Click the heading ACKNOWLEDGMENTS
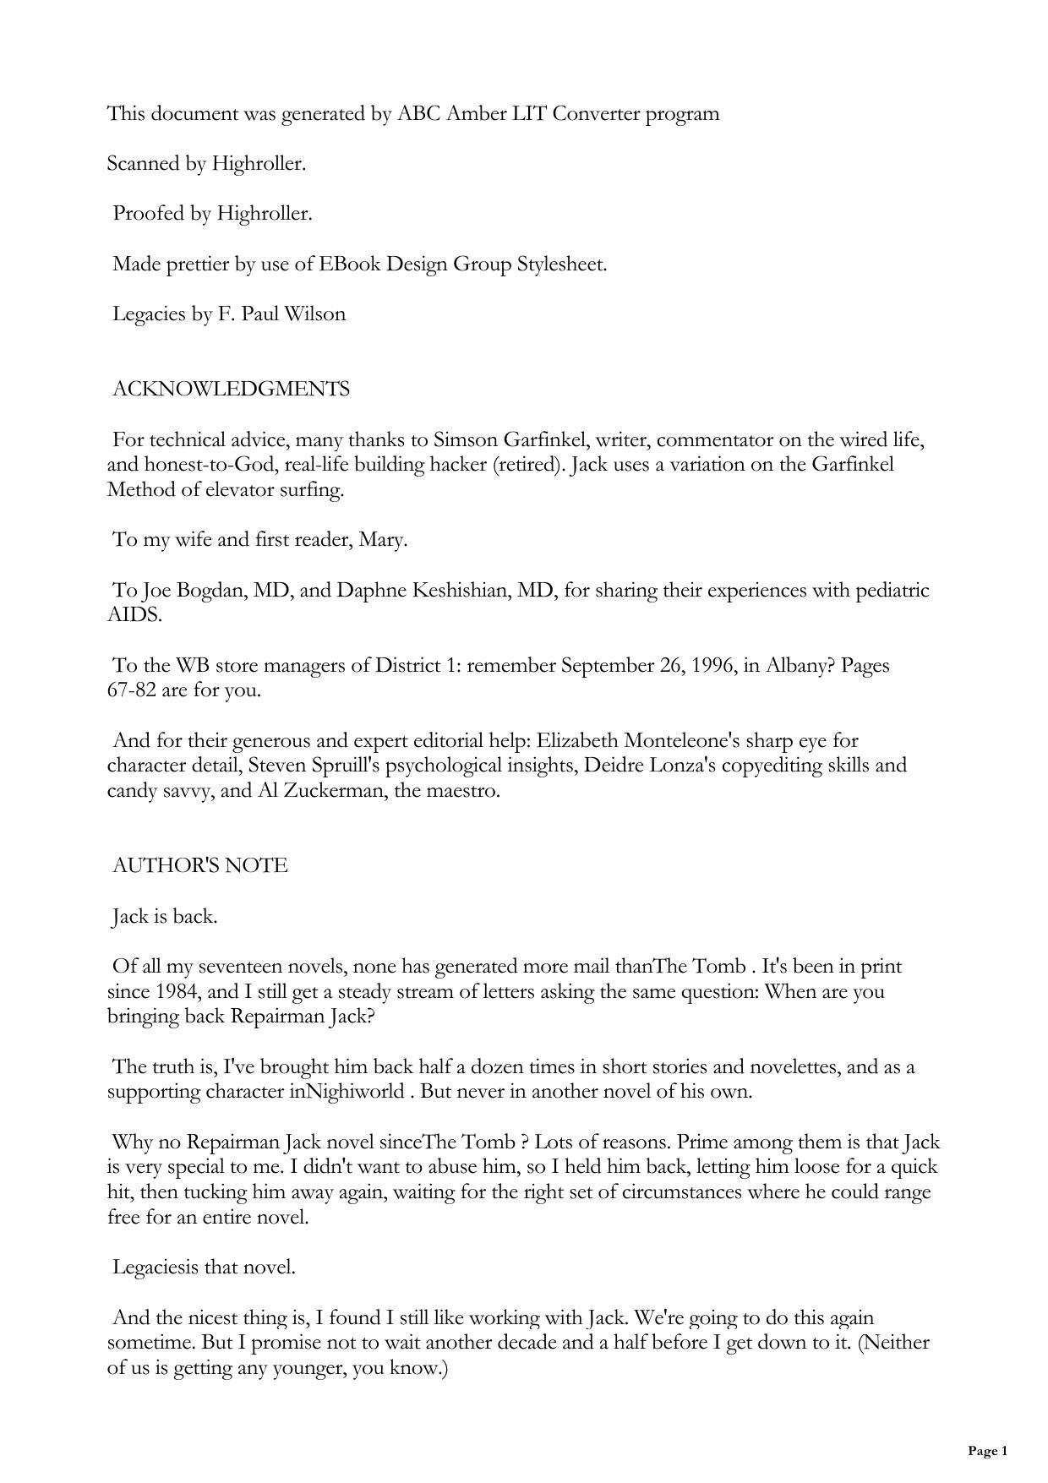point(231,390)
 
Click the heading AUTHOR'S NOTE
point(200,866)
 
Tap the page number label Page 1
point(987,1451)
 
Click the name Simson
point(465,440)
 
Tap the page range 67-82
point(132,690)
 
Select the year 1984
point(175,991)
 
